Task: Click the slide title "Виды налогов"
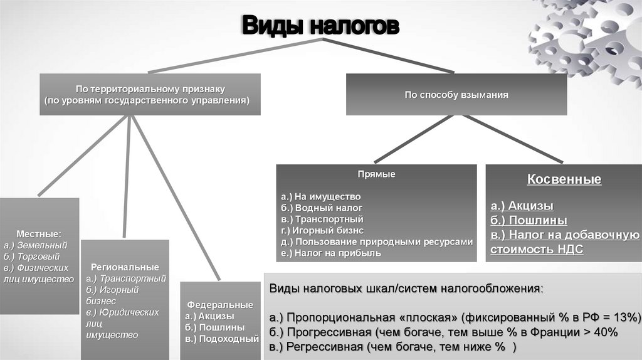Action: point(320,27)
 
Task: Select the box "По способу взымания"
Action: point(456,95)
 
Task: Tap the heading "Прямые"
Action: point(376,174)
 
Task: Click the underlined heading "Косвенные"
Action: point(564,180)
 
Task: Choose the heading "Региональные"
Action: point(125,267)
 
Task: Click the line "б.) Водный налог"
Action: point(322,208)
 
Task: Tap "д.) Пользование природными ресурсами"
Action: point(377,242)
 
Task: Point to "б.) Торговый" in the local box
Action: point(32,257)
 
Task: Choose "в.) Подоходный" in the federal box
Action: point(221,339)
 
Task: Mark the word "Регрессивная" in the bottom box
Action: point(327,347)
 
